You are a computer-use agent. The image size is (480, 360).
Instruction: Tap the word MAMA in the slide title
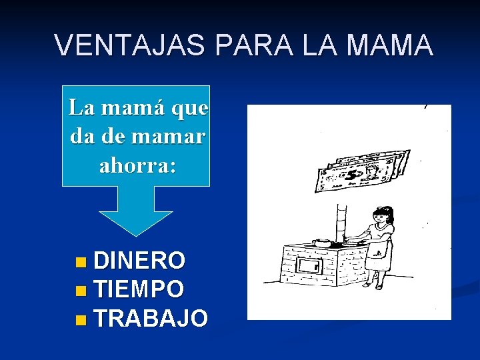(395, 46)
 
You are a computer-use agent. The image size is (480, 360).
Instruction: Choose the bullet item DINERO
(140, 259)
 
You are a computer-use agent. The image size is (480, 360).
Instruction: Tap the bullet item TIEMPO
(139, 289)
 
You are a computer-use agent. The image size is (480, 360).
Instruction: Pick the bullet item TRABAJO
(151, 318)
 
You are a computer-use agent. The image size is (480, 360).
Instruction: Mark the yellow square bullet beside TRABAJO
(81, 319)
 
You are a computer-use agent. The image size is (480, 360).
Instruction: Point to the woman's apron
(379, 252)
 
